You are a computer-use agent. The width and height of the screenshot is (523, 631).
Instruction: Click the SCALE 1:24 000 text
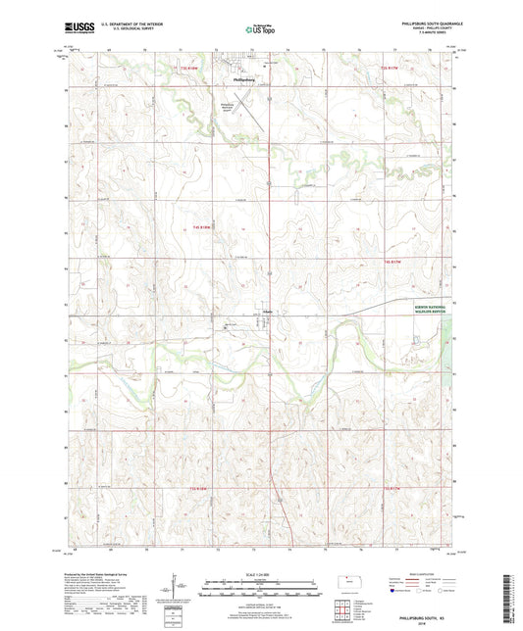258,572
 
